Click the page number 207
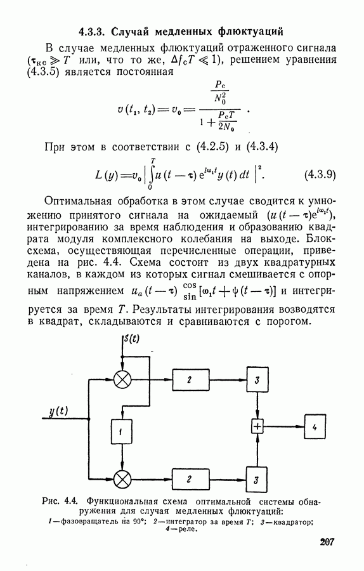[x=327, y=542]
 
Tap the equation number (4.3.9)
[x=320, y=175]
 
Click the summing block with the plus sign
[x=257, y=426]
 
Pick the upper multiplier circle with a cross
[x=122, y=380]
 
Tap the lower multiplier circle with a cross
[x=122, y=479]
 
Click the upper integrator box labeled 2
[x=191, y=380]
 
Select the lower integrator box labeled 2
[x=191, y=479]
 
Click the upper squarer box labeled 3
[x=257, y=380]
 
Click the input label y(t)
[x=58, y=411]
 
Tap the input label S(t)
[x=132, y=338]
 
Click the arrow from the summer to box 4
[x=283, y=426]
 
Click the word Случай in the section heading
[x=130, y=32]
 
